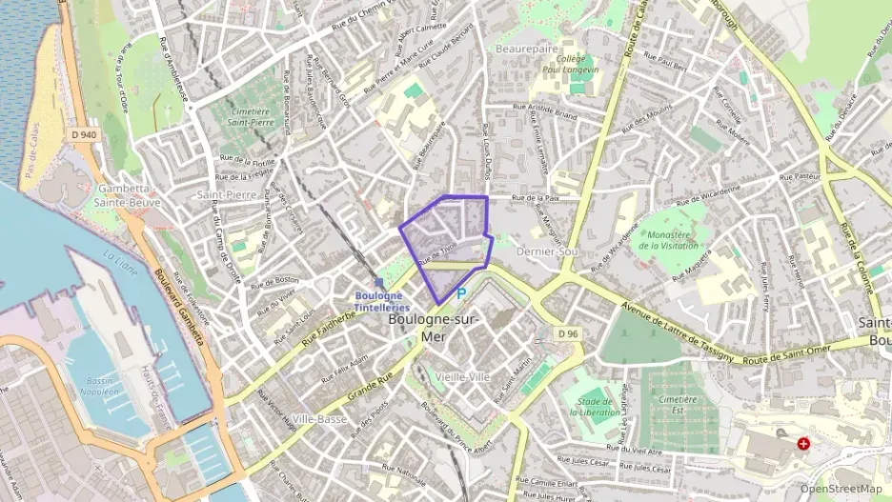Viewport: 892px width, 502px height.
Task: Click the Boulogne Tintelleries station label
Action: (x=382, y=301)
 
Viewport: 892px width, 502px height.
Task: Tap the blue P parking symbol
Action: (x=461, y=295)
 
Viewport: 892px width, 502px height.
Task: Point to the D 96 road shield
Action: (x=568, y=332)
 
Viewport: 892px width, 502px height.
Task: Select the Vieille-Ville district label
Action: (x=462, y=377)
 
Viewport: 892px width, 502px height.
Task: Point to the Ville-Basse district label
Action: (x=319, y=419)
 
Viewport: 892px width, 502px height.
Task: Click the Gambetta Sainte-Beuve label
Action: (x=127, y=195)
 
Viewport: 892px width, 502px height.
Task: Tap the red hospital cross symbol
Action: (x=803, y=444)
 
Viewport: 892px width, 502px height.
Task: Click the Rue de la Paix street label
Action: (x=535, y=198)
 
